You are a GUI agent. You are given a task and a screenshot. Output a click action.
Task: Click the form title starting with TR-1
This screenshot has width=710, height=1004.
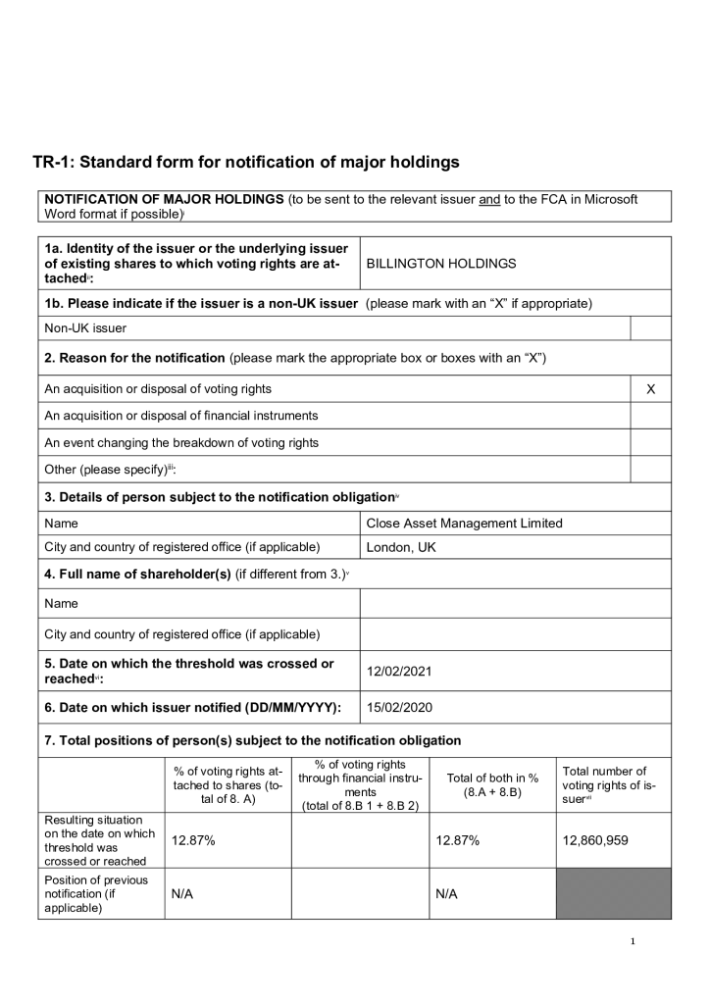245,162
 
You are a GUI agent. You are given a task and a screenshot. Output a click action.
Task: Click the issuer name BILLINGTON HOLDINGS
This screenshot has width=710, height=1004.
440,264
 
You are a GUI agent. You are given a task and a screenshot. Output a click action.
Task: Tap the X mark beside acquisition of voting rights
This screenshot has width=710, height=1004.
650,389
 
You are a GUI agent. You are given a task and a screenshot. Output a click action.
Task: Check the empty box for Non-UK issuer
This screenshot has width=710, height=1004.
650,328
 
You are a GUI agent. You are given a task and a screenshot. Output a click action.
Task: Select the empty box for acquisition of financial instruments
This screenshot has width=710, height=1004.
650,416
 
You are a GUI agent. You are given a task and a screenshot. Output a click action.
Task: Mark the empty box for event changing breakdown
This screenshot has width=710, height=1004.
650,442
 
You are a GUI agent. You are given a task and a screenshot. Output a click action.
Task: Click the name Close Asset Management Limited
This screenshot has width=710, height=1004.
464,524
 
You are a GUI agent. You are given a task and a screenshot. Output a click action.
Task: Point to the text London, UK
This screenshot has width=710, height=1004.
400,547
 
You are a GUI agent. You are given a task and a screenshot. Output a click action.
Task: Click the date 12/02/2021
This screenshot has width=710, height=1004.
399,672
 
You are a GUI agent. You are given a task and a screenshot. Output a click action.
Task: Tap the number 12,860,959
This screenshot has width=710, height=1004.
595,840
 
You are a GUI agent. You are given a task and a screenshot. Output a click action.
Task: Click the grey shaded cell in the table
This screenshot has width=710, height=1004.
614,893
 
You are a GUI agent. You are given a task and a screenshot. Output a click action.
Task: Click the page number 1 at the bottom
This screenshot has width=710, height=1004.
634,942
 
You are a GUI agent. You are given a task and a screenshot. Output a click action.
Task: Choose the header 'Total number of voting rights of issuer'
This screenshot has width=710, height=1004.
609,784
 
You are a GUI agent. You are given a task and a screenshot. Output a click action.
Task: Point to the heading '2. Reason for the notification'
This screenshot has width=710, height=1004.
134,358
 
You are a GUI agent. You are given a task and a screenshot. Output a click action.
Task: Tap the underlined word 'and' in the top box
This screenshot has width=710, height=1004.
489,199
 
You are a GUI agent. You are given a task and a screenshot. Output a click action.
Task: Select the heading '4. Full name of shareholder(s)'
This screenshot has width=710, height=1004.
137,574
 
